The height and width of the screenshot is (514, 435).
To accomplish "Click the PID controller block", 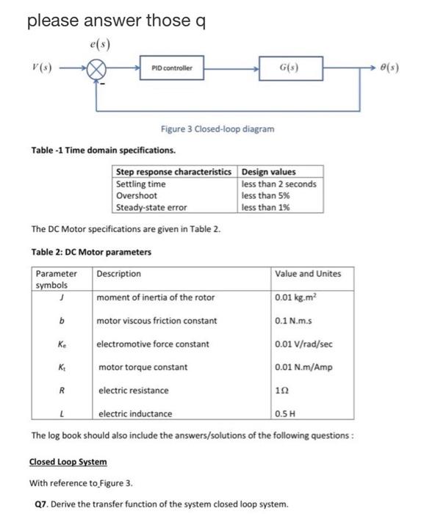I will click(171, 68).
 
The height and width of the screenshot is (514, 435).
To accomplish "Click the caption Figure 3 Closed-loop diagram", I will click(217, 129).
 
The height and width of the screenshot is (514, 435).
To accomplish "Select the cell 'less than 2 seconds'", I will click(278, 184).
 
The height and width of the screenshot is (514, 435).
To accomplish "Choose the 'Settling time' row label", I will click(141, 184).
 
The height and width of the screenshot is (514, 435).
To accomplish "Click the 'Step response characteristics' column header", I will click(176, 173).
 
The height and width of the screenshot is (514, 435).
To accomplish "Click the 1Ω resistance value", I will click(282, 391).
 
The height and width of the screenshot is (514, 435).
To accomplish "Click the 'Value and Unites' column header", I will click(308, 274).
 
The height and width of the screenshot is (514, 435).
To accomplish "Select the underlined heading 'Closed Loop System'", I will click(68, 462).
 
